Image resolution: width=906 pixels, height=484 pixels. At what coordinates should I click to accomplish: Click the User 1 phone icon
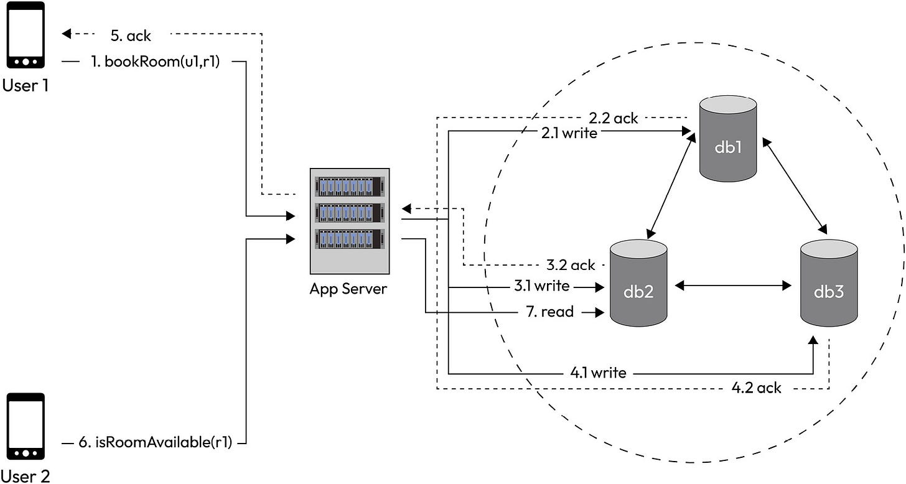click(x=26, y=35)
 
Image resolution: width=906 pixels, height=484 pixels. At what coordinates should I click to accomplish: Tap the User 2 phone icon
click(x=26, y=426)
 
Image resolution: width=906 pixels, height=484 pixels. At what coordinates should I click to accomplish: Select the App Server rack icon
click(x=349, y=221)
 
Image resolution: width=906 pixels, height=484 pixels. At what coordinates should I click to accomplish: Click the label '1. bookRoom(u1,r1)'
click(x=154, y=62)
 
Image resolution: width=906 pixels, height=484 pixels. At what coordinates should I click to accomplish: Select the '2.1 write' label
click(x=570, y=132)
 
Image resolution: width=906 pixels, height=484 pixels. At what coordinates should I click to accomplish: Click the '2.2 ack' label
click(x=614, y=118)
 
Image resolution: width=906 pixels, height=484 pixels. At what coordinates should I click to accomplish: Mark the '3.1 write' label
click(x=541, y=286)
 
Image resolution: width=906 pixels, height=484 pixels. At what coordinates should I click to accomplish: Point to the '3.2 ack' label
click(x=571, y=265)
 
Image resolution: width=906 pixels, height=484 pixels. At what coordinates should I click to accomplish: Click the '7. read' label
click(x=549, y=312)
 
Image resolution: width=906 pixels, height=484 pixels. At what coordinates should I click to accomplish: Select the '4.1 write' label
click(x=598, y=373)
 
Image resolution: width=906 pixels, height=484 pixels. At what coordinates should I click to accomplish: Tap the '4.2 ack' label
click(x=756, y=388)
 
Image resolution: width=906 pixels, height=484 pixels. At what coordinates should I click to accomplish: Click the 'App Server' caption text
click(x=348, y=289)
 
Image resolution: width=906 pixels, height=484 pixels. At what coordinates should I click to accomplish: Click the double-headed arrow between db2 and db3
click(x=733, y=286)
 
